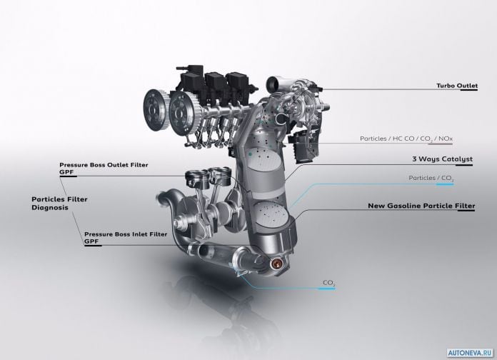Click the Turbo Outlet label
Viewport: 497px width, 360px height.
tap(457, 86)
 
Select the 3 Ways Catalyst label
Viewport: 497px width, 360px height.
tap(442, 159)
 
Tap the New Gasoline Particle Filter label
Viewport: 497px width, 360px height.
tap(421, 206)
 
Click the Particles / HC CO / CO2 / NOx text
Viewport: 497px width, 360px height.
tap(406, 139)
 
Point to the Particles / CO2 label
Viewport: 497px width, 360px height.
tap(431, 179)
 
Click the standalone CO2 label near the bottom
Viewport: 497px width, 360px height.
tap(329, 283)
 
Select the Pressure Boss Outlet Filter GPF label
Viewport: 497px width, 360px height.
tap(104, 169)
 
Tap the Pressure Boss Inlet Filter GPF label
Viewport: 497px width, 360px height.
tap(126, 238)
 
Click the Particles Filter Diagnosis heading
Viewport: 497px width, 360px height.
tap(59, 204)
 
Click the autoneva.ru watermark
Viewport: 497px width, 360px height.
tap(471, 353)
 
